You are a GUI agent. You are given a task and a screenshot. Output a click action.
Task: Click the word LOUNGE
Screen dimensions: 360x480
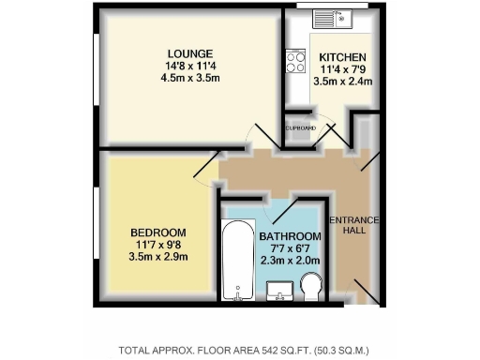click(x=190, y=52)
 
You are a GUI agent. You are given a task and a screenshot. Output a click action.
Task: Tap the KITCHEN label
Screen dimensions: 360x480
click(x=336, y=56)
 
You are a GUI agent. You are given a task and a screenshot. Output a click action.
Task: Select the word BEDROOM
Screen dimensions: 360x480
click(x=157, y=232)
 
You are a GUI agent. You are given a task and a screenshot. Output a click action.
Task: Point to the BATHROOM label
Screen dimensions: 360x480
click(x=291, y=236)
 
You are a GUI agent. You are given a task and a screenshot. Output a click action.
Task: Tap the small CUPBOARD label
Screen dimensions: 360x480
click(x=301, y=127)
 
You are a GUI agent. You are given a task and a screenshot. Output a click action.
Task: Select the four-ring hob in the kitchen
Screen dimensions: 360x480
click(x=296, y=62)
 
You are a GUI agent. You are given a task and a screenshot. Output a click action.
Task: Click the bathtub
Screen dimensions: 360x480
click(x=236, y=261)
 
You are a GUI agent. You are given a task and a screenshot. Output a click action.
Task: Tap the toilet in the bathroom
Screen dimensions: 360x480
click(x=311, y=292)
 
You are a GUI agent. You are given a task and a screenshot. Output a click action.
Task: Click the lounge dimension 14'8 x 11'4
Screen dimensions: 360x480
click(x=190, y=66)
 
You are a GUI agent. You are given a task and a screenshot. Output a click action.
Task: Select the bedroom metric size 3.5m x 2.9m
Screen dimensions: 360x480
click(x=157, y=257)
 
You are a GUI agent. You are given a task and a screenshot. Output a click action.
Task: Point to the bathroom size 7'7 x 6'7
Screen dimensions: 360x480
click(x=291, y=248)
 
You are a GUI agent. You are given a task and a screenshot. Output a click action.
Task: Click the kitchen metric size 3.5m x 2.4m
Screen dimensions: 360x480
click(x=343, y=82)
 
